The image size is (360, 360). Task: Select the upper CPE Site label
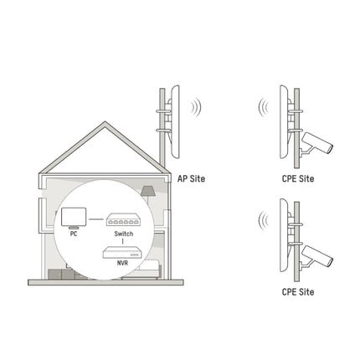click(298, 177)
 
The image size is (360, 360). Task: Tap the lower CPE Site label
click(298, 292)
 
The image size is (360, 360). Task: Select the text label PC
click(73, 235)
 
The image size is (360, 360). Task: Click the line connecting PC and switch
click(95, 220)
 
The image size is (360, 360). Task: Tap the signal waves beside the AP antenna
click(196, 108)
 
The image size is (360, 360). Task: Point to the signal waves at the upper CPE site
click(262, 110)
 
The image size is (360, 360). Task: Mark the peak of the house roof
click(105, 124)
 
